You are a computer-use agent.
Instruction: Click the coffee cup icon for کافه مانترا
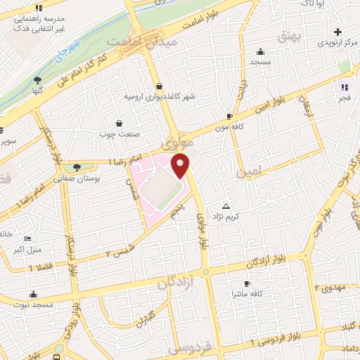coord(246,283)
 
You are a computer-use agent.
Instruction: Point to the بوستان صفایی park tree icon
coord(77,167)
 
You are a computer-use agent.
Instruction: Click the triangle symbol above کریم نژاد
coord(226,206)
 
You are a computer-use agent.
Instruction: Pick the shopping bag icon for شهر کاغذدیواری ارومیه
coord(160,85)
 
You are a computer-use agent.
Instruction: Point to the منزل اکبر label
coord(30,249)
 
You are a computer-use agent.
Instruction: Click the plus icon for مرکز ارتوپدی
coord(338,32)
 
